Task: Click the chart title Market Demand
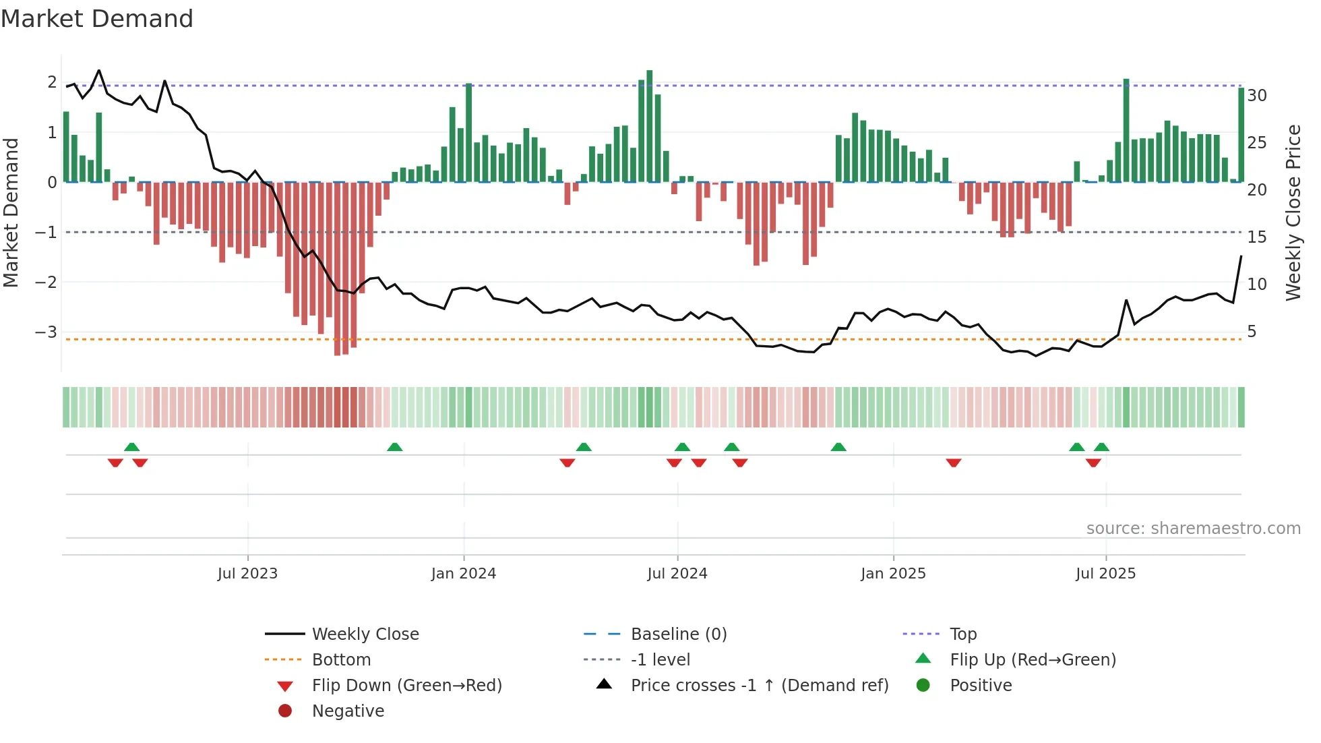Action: tap(97, 19)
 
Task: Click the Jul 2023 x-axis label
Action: tap(247, 573)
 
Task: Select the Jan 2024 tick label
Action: tap(464, 573)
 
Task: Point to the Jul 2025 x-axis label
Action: tap(1105, 573)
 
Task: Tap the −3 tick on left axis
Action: tap(46, 332)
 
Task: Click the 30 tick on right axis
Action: tap(1257, 95)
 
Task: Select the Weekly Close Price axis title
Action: tap(1293, 212)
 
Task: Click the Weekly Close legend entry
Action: tap(365, 634)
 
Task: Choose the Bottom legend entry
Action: tap(341, 659)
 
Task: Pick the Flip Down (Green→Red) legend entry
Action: tap(406, 685)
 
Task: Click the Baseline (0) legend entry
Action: tap(678, 634)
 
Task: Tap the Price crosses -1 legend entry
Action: tap(759, 685)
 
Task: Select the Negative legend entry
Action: tap(348, 711)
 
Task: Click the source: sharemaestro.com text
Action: tap(1193, 528)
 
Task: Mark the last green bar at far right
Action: tap(1241, 135)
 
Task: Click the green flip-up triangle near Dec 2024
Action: tap(838, 447)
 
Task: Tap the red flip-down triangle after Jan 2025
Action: tap(953, 463)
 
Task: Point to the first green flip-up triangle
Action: tap(132, 447)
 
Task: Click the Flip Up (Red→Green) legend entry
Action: tap(1033, 659)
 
